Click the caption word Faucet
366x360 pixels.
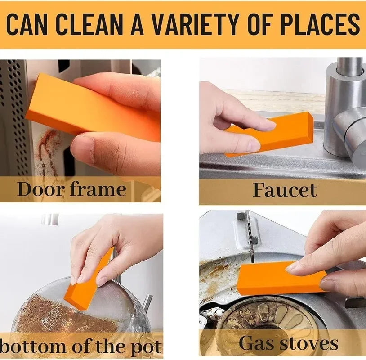click(x=285, y=190)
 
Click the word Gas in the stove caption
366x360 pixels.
click(x=257, y=344)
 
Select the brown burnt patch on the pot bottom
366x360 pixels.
click(x=58, y=315)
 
